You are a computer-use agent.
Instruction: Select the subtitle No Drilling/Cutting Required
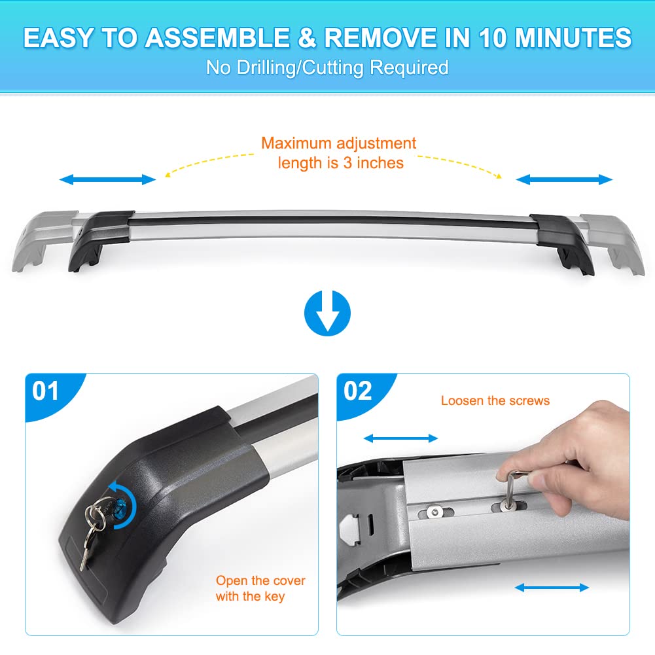point(327,67)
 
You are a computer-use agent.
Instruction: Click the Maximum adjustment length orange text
point(338,152)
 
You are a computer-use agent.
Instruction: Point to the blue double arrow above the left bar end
point(108,179)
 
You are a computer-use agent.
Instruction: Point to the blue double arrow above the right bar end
point(564,179)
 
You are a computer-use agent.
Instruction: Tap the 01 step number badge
point(45,391)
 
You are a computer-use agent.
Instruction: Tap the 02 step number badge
point(358,391)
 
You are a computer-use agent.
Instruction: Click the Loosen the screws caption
point(495,400)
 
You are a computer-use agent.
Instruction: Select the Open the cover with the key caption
point(260,588)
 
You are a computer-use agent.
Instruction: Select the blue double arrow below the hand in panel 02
point(552,588)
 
